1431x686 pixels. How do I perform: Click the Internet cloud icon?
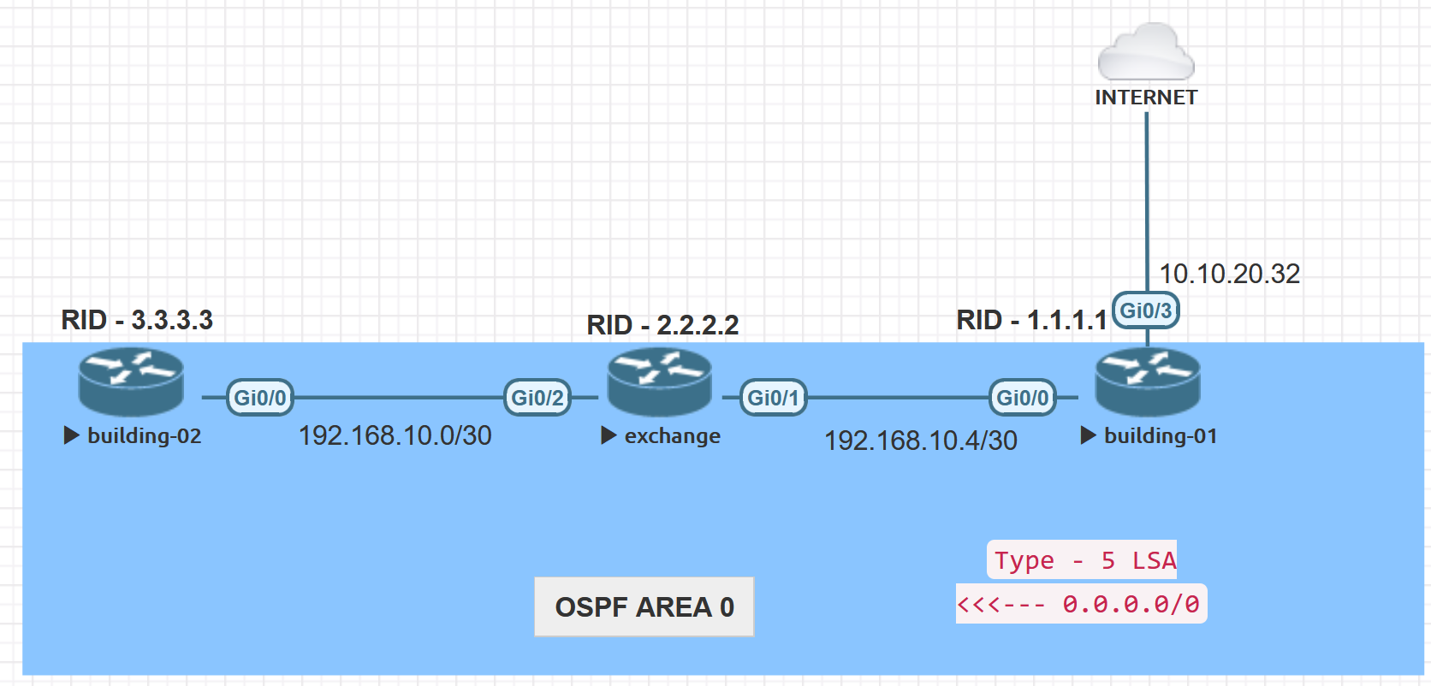coord(1146,52)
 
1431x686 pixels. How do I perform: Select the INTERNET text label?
coord(1146,98)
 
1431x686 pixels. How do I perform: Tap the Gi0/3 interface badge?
coord(1146,310)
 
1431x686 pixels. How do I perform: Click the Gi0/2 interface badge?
coord(537,398)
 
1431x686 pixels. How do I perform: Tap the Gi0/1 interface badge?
coord(773,398)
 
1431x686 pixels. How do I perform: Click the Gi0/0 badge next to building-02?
coord(260,398)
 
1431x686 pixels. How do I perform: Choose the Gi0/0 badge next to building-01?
coord(1023,398)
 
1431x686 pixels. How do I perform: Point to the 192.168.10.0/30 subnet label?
coord(395,435)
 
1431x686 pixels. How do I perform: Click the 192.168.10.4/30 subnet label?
coord(920,441)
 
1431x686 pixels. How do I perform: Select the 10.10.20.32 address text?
coord(1229,274)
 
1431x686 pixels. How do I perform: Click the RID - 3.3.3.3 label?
coord(137,320)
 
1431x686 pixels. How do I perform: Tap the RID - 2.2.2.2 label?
coord(662,325)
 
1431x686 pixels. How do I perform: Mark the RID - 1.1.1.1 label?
coord(1031,320)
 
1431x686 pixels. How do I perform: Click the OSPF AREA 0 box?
coord(644,606)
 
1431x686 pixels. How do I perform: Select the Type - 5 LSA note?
coord(1083,560)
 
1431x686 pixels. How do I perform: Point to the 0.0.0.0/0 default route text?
coord(1131,604)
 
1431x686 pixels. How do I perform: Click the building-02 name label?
coord(144,435)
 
